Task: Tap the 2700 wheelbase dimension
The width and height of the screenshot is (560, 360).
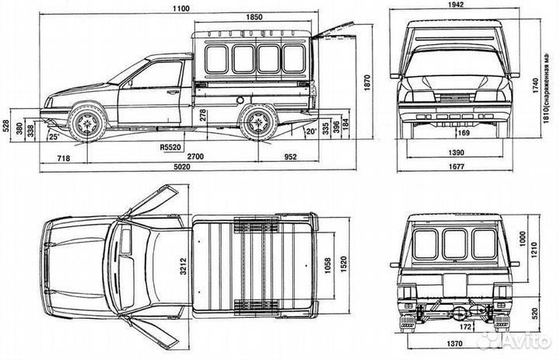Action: point(195,156)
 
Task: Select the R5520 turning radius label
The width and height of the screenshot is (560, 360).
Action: point(170,146)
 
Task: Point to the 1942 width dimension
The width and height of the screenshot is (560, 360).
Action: point(456,5)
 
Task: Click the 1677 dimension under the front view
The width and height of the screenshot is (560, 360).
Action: point(456,166)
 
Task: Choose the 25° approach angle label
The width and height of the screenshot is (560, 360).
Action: point(54,137)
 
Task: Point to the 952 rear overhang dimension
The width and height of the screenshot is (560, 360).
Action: point(289,156)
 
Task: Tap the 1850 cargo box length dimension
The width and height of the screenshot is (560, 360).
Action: point(253,17)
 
